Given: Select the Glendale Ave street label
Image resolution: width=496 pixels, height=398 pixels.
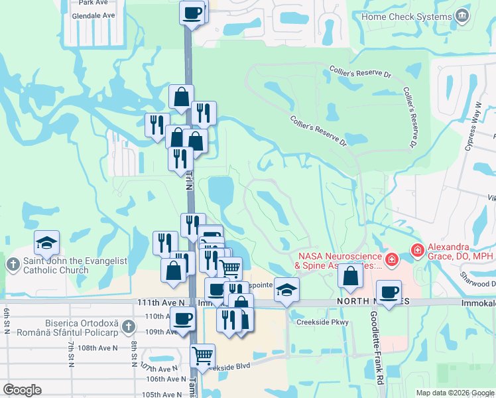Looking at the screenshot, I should pos(95,15).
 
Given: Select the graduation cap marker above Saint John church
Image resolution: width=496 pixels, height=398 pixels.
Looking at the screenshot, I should pos(46,243).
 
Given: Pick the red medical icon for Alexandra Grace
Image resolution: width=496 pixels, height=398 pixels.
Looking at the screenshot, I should pos(417,250).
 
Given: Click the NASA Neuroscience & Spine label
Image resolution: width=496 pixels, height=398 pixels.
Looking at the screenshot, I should pos(340,261).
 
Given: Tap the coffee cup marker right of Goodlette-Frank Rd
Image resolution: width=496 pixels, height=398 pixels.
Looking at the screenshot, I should pos(389,292).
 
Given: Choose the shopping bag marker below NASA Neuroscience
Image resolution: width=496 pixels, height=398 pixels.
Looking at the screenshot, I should pos(350,275).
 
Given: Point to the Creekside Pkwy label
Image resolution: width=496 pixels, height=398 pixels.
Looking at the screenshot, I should pos(322,322).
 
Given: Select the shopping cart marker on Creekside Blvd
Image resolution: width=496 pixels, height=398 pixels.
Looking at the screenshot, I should pos(203,355).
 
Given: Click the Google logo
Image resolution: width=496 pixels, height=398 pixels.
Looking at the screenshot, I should pos(22,390).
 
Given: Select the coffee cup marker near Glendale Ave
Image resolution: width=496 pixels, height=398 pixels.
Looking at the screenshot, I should pos(192,13).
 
